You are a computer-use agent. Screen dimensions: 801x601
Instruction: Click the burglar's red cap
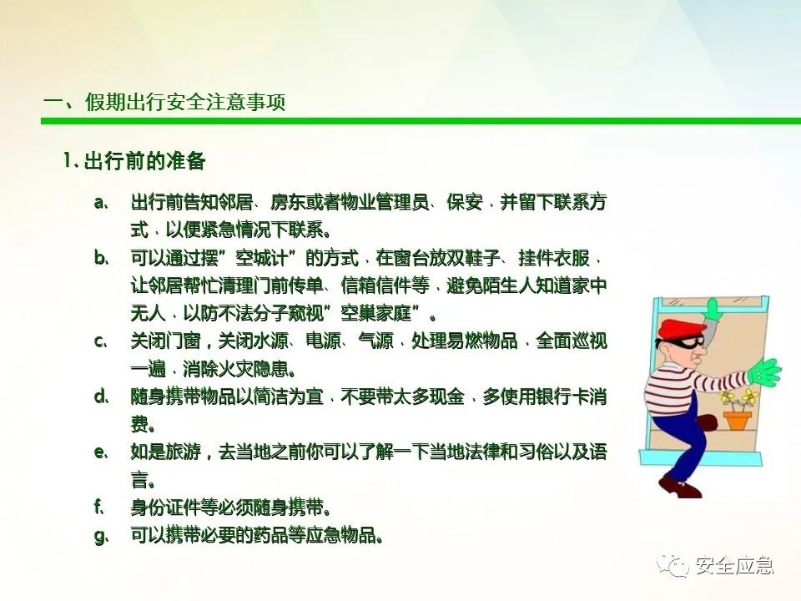[679, 328]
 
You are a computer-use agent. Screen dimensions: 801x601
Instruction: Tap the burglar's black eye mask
[690, 343]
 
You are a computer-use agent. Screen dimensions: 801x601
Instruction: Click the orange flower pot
[737, 420]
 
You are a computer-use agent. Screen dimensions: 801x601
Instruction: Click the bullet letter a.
[101, 203]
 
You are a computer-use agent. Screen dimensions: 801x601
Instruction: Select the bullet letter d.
[101, 396]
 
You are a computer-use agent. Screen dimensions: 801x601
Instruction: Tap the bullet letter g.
[101, 538]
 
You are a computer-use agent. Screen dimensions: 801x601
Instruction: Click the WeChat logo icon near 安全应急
[673, 565]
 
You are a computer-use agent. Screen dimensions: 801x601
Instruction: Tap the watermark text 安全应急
[734, 565]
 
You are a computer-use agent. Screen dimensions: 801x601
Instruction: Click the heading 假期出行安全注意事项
[185, 102]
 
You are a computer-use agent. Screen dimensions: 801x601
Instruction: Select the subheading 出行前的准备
[144, 161]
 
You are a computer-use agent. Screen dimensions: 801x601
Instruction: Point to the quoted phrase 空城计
[262, 258]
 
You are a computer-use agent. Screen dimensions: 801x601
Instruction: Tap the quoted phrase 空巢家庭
[376, 313]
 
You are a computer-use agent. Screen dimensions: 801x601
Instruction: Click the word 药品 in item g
[270, 535]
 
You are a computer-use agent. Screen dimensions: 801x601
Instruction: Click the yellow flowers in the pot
[738, 398]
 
